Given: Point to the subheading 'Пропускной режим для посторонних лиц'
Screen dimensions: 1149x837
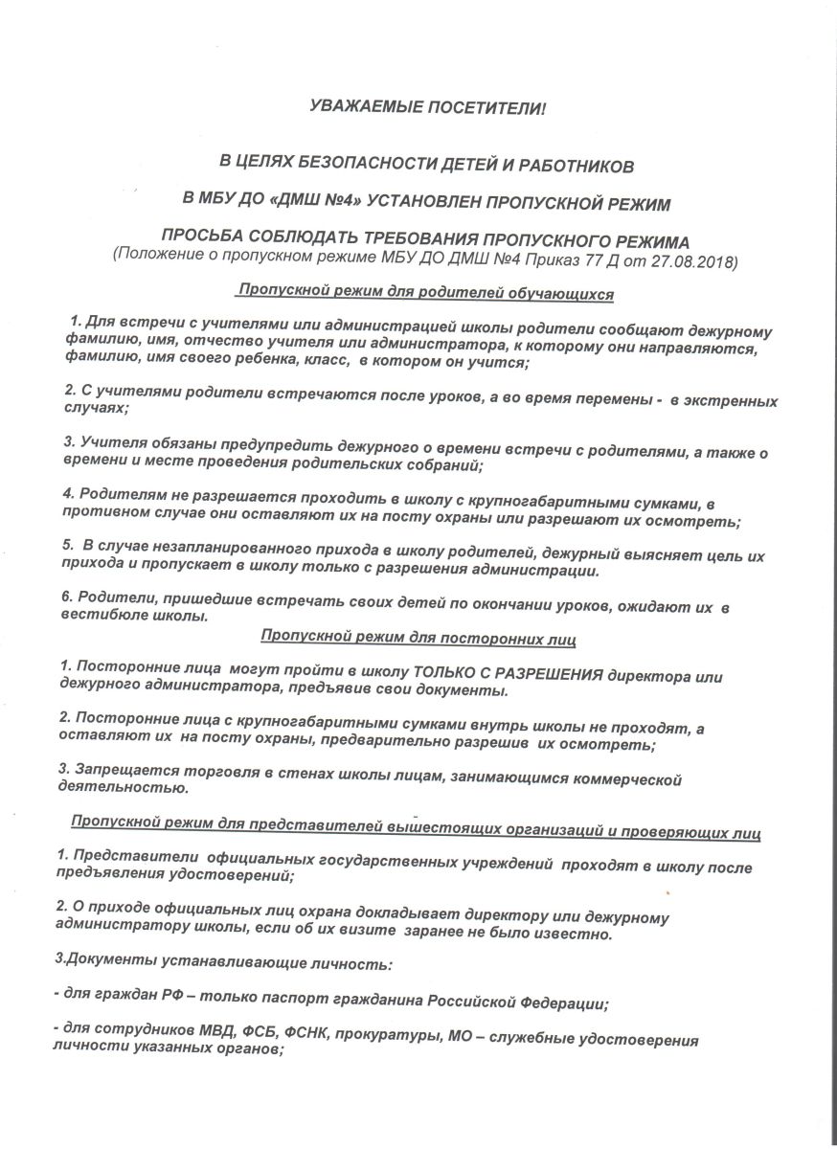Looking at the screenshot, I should point(424,635).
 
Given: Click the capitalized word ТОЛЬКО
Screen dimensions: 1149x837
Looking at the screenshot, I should point(445,673).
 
